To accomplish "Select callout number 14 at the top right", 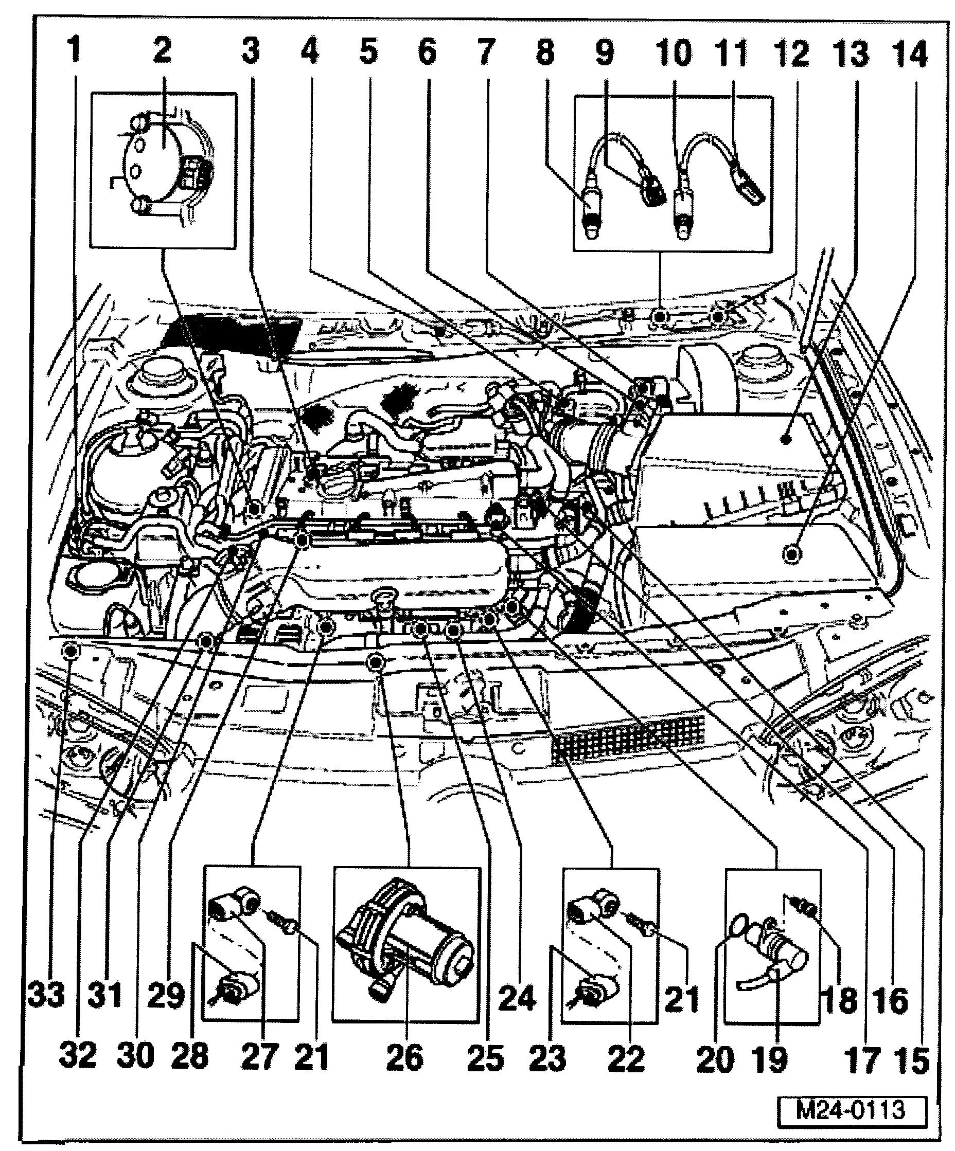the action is pyautogui.click(x=910, y=55).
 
